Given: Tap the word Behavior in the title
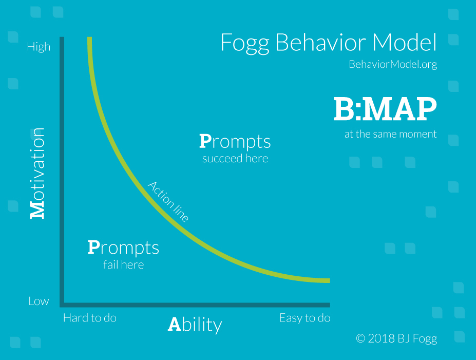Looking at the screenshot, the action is pyautogui.click(x=321, y=42).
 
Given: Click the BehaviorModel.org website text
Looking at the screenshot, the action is pyautogui.click(x=393, y=64).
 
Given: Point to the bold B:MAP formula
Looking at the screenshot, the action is pyautogui.click(x=385, y=109).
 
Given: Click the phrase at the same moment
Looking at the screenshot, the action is pyautogui.click(x=390, y=134).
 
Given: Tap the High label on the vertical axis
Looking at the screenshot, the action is pyautogui.click(x=39, y=47).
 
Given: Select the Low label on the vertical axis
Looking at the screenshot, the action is pyautogui.click(x=39, y=301).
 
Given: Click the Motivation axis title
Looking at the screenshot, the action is pyautogui.click(x=37, y=173).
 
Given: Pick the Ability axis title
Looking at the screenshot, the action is pyautogui.click(x=195, y=325).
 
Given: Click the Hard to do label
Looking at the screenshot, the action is pyautogui.click(x=90, y=318).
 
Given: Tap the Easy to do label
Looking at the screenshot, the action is pyautogui.click(x=305, y=318).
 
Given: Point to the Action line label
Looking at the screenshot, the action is pyautogui.click(x=168, y=201).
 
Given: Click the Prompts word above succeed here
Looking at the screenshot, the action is pyautogui.click(x=235, y=142).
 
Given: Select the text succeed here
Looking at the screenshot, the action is pyautogui.click(x=235, y=159).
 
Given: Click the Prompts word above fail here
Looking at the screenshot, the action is pyautogui.click(x=123, y=248).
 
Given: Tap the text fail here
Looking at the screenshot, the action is pyautogui.click(x=124, y=264).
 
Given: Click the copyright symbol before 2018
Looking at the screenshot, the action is pyautogui.click(x=360, y=338).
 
